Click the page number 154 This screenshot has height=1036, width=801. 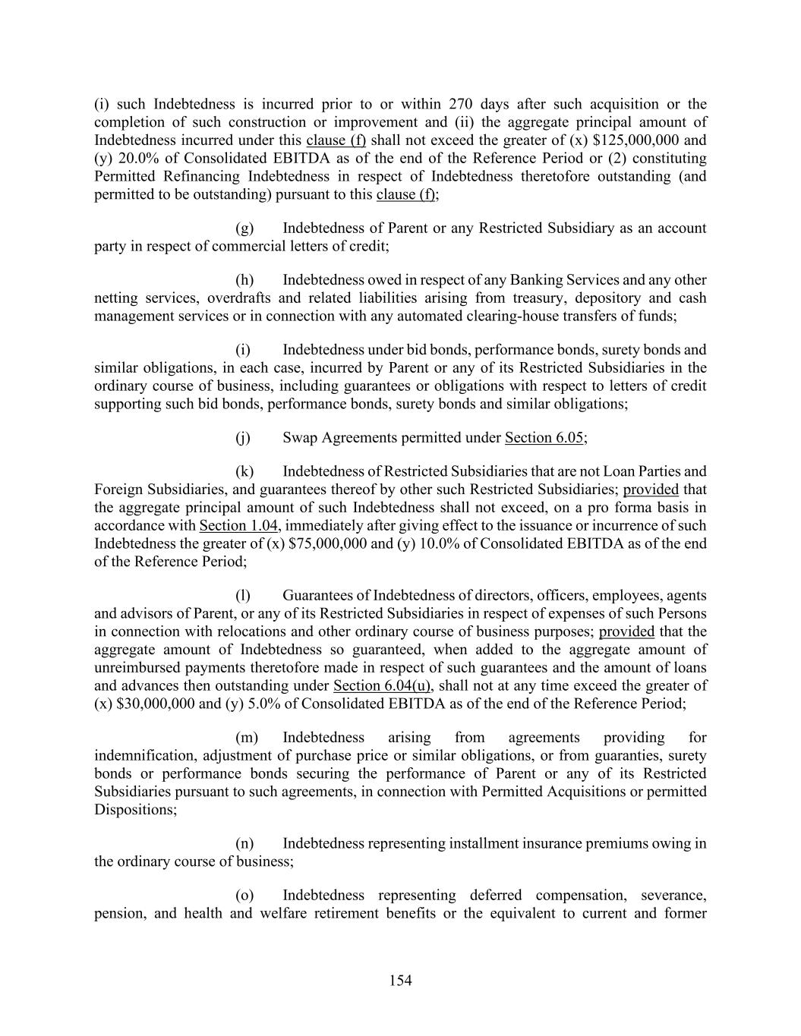400,981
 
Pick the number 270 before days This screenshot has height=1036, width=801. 462,104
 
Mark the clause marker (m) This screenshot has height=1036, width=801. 247,738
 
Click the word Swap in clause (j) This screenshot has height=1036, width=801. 301,438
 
